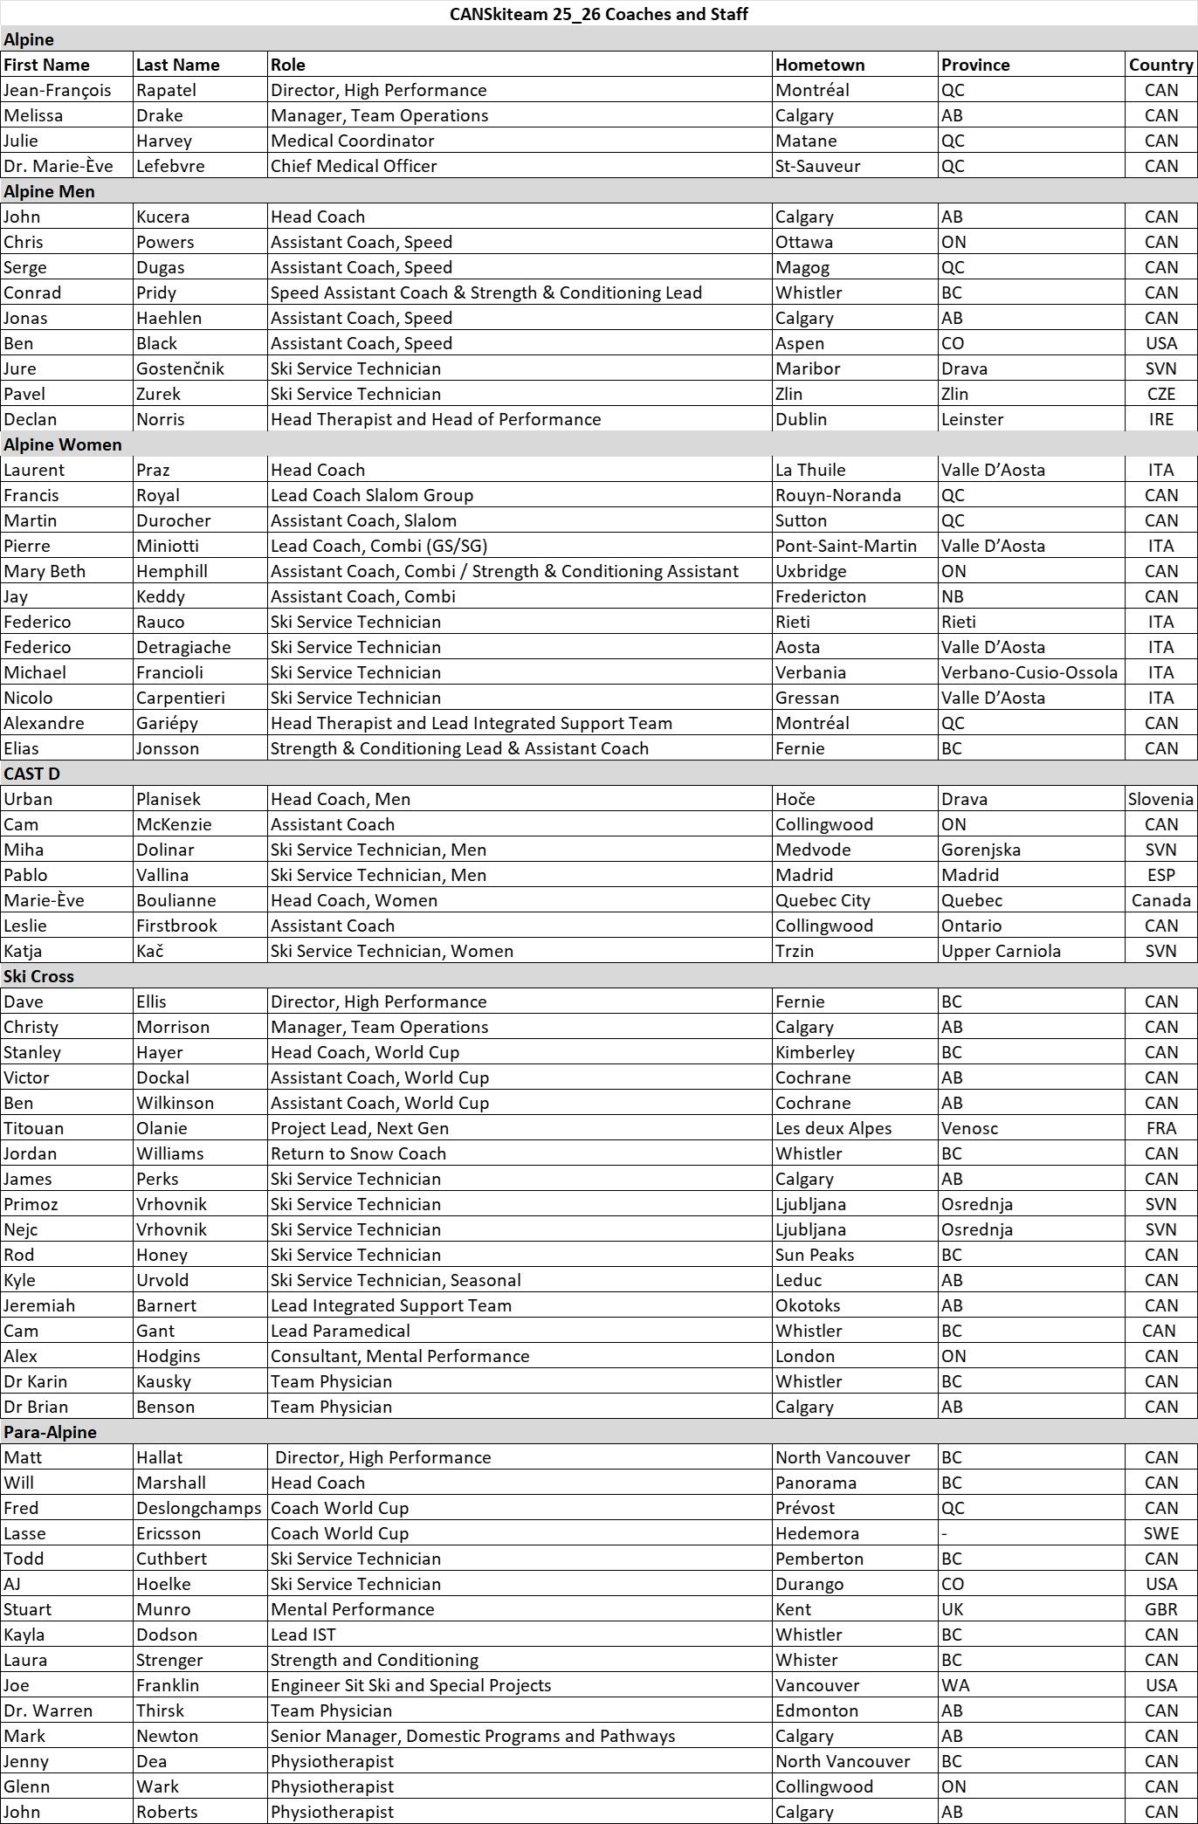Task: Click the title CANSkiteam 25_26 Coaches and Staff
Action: [x=598, y=14]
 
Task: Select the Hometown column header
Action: [x=819, y=65]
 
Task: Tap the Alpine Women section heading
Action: [x=63, y=444]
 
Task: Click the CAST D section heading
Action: [x=31, y=774]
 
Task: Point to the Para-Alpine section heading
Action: [x=50, y=1432]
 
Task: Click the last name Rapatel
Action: [x=166, y=90]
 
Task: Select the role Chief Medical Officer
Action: [x=354, y=166]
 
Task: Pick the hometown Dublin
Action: [x=801, y=419]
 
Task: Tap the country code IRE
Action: [x=1161, y=419]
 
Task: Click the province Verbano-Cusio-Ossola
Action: [x=1029, y=672]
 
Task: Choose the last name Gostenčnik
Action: [x=180, y=368]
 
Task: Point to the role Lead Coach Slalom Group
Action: [x=372, y=495]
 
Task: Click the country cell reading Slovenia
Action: [x=1160, y=799]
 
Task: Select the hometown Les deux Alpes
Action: [x=833, y=1128]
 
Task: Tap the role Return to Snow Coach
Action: [x=358, y=1153]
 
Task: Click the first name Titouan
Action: [x=33, y=1128]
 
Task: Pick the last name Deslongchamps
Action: [x=198, y=1508]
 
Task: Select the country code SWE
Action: [x=1161, y=1533]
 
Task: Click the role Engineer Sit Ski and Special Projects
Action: [x=410, y=1685]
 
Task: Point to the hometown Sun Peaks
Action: [x=815, y=1255]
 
